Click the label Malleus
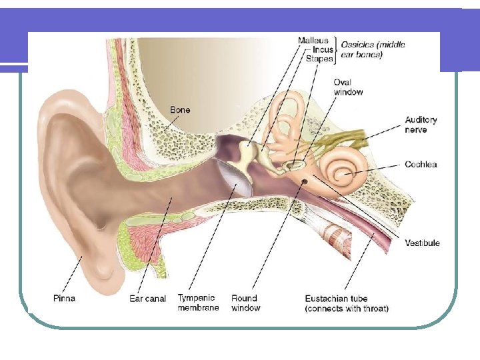pos(313,41)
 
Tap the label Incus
pos(323,50)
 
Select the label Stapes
pos(319,59)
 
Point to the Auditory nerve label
pos(421,125)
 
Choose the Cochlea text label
pos(421,164)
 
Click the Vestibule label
pos(422,243)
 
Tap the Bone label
pos(180,109)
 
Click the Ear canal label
pos(147,298)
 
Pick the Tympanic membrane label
pos(198,303)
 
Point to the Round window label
pos(245,303)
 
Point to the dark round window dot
pos(305,181)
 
